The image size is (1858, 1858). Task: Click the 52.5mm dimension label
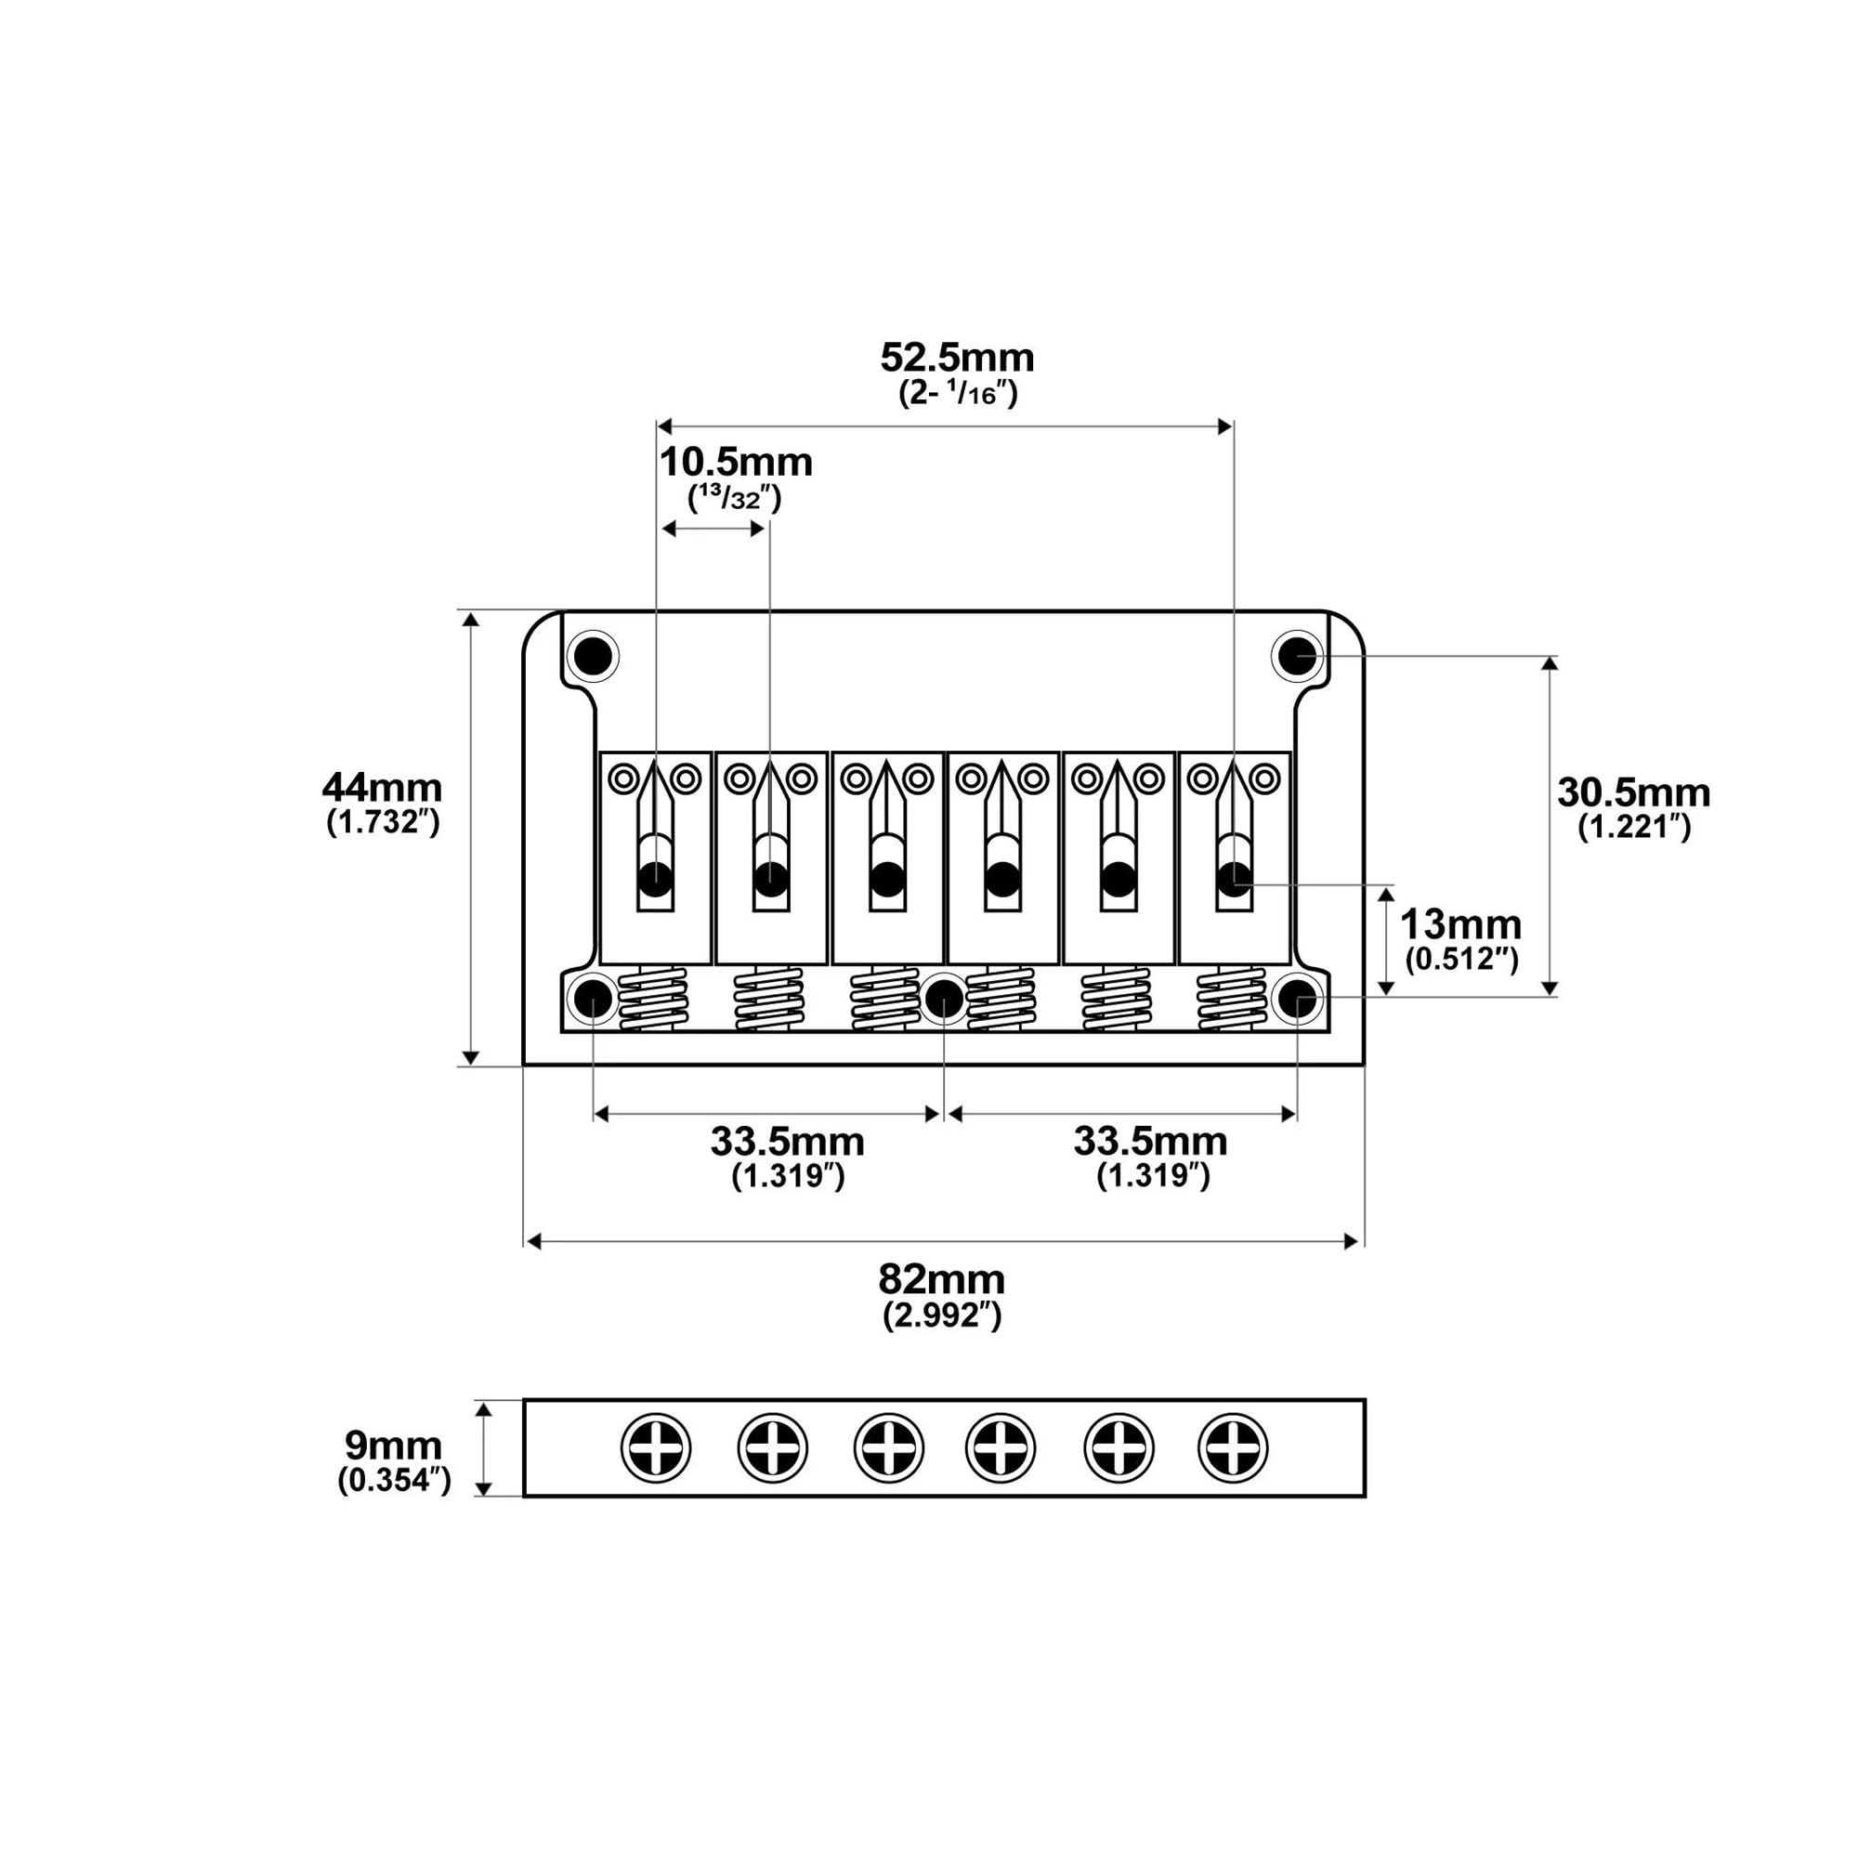(x=957, y=359)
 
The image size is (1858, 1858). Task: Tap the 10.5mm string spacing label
(x=736, y=463)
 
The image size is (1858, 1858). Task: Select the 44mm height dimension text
(x=383, y=789)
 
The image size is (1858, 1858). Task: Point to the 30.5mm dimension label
(x=1634, y=793)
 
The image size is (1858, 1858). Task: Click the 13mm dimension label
(x=1460, y=925)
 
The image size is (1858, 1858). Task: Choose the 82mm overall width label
(x=942, y=1280)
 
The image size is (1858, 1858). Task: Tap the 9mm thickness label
(x=394, y=1446)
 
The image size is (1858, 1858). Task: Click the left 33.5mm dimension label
(x=788, y=1142)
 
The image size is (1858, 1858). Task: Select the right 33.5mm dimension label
(x=1151, y=1142)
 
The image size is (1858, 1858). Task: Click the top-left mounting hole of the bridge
(x=594, y=657)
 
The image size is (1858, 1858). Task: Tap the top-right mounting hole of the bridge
(x=1297, y=657)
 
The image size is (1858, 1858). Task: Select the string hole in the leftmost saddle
(x=656, y=877)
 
